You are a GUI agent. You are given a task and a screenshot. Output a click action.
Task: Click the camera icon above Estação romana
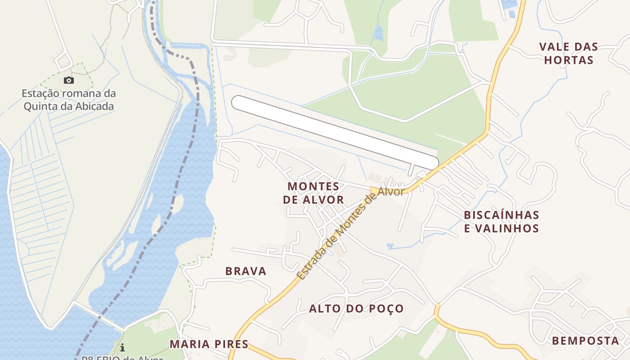coord(68,81)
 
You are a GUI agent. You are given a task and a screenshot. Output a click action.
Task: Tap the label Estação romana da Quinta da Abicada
coord(69,100)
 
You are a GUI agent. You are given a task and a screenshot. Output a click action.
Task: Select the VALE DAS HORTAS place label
coord(569,53)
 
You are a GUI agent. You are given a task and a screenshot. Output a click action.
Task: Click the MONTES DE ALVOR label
coord(314,193)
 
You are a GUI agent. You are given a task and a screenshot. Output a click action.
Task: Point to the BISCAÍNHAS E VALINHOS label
coord(501,221)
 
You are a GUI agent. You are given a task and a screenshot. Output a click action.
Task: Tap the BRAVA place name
coord(246,271)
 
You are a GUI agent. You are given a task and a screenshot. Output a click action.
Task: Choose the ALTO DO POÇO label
coord(356,309)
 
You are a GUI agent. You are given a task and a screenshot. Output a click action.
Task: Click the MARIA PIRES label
coord(209,344)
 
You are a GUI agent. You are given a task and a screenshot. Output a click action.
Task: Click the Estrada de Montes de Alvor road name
coord(351,232)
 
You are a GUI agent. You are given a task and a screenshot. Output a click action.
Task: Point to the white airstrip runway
coord(335,132)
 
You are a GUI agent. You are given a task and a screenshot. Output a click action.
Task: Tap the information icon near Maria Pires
coord(122,347)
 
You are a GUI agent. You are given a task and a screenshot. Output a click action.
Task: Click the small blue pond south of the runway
coord(390,246)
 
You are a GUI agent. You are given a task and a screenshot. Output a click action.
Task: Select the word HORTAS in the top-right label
coord(569,60)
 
